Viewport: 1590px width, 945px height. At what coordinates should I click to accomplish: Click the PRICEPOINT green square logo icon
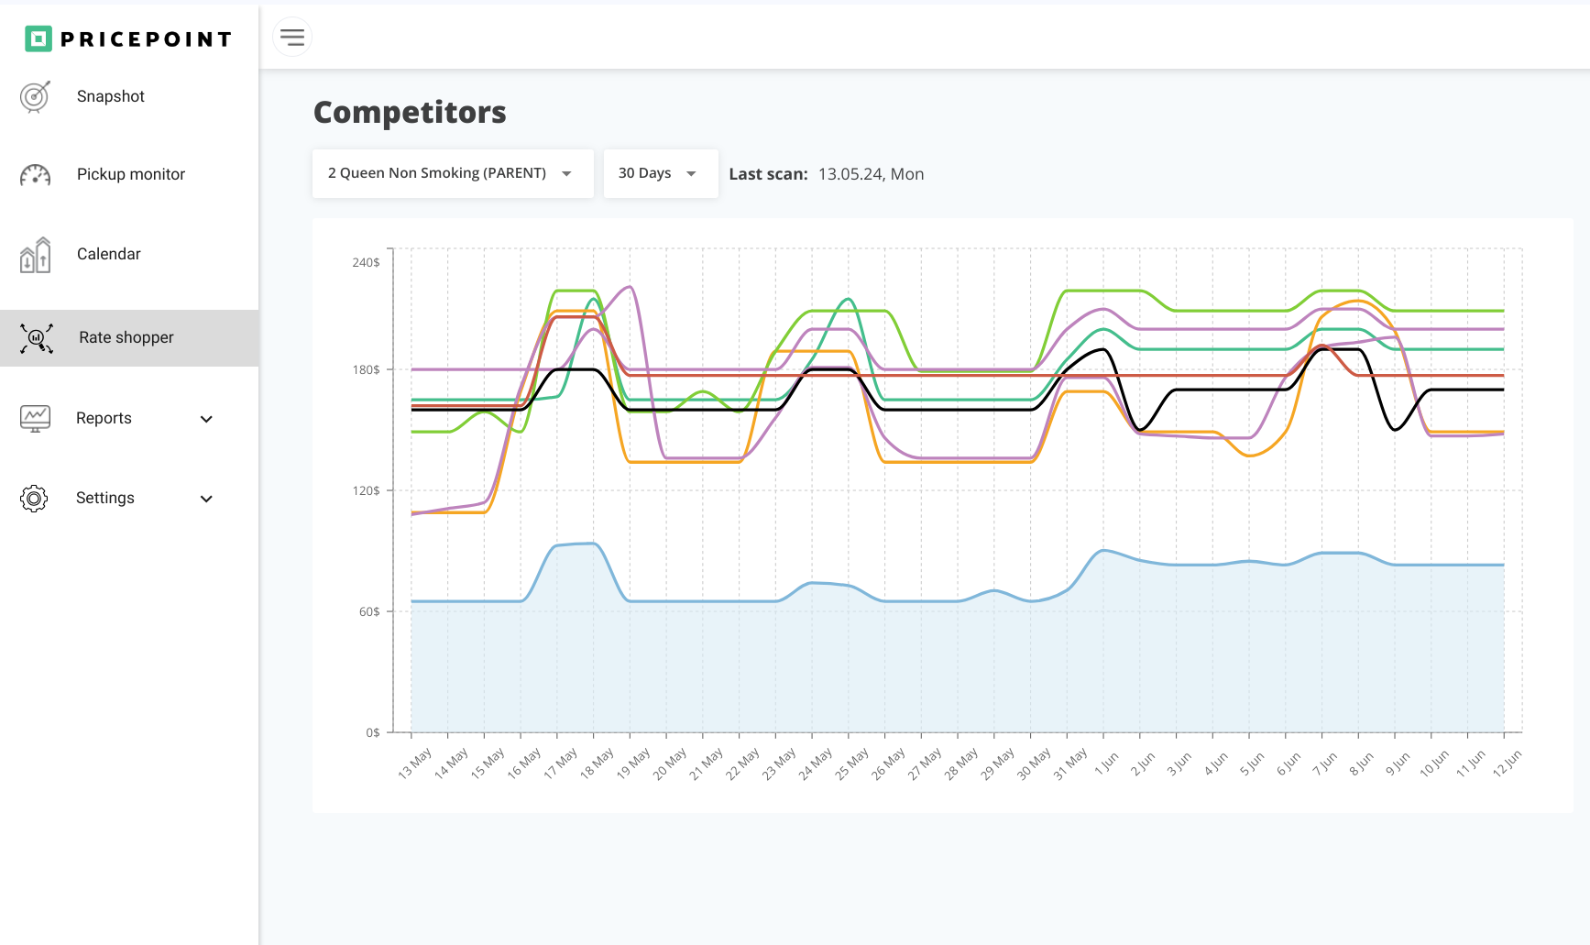[x=38, y=38]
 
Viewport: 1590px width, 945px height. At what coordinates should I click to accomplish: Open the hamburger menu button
[x=292, y=38]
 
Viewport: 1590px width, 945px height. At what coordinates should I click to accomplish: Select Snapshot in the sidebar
[x=110, y=96]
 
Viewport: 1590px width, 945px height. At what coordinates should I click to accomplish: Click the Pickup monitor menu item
[x=130, y=174]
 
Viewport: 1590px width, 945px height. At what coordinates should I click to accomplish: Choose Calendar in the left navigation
[x=108, y=254]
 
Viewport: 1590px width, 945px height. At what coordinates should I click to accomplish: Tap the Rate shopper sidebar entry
[x=126, y=337]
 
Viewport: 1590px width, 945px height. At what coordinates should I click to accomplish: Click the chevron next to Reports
[x=206, y=419]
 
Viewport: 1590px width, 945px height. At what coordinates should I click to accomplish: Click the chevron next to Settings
[x=206, y=499]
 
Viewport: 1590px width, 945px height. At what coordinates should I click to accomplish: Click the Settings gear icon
[x=34, y=498]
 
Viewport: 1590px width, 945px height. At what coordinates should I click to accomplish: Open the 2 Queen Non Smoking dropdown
[x=452, y=173]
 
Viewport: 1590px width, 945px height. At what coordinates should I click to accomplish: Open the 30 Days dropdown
[x=660, y=173]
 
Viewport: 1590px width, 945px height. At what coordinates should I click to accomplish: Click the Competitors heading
[x=410, y=112]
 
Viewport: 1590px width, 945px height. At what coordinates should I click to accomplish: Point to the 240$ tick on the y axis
[x=366, y=262]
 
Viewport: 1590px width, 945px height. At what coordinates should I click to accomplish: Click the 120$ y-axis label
[x=366, y=490]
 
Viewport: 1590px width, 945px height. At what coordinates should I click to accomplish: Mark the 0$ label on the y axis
[x=372, y=732]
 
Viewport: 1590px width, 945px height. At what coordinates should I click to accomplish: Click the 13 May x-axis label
[x=415, y=764]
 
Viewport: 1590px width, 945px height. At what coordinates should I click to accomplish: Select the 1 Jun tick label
[x=1107, y=763]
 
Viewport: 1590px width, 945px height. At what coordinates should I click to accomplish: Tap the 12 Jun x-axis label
[x=1507, y=763]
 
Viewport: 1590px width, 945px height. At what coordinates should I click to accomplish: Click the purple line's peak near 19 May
[x=630, y=287]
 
